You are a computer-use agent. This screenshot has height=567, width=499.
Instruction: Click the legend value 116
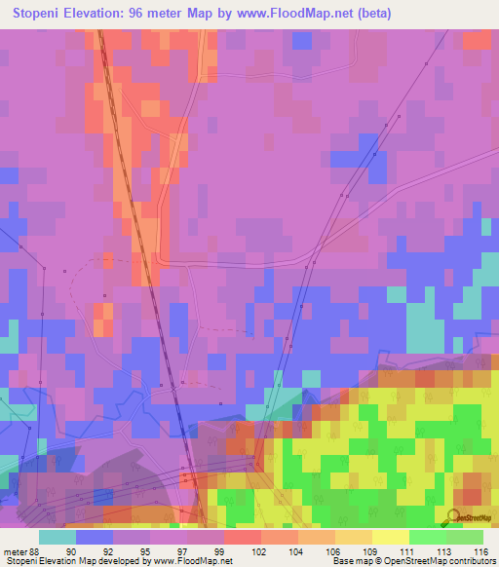pos(479,549)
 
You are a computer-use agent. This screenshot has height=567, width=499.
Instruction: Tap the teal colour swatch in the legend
pos(58,537)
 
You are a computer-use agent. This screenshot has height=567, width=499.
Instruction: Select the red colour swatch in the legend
pos(242,537)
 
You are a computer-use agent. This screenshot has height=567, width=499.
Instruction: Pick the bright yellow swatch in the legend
pos(390,537)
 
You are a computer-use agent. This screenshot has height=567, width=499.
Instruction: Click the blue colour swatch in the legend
pos(95,537)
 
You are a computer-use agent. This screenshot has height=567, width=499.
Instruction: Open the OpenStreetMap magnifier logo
pos(455,517)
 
